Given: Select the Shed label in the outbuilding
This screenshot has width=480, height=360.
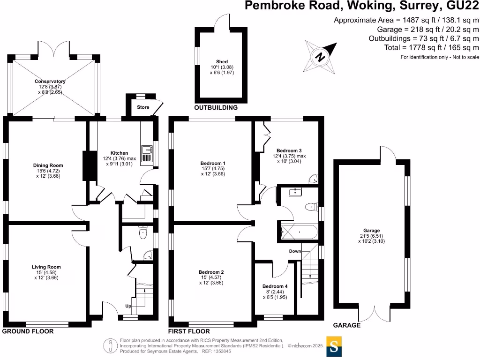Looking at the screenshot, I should (222, 61).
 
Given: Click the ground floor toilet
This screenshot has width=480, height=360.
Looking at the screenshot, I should (143, 232).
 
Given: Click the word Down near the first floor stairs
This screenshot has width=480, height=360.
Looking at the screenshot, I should (295, 251).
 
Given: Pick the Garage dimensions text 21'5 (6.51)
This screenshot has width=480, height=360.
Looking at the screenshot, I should (371, 236).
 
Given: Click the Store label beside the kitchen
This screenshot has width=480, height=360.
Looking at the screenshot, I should (143, 107).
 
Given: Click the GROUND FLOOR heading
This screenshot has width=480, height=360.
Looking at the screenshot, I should (28, 331).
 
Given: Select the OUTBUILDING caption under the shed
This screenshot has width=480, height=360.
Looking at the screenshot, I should (216, 107).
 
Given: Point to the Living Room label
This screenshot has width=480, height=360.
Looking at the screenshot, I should (47, 267).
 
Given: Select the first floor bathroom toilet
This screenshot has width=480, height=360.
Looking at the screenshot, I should (310, 207).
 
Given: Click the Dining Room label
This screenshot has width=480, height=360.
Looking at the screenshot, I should (48, 165).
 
